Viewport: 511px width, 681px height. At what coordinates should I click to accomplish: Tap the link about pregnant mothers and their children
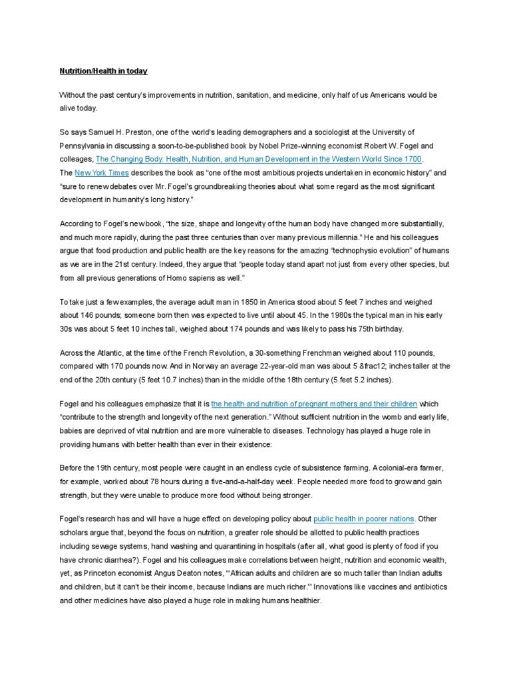[314, 404]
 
